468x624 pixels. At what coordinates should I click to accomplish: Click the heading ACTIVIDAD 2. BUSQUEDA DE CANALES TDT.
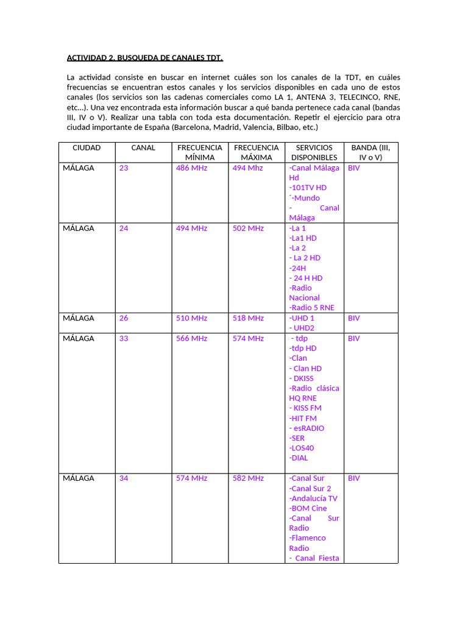pyautogui.click(x=144, y=58)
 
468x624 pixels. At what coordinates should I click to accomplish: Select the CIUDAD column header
pyautogui.click(x=87, y=147)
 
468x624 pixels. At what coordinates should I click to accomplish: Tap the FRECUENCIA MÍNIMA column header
pyautogui.click(x=200, y=152)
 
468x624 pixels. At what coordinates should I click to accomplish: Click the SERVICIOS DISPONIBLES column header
pyautogui.click(x=314, y=152)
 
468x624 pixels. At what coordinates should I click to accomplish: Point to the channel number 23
pyautogui.click(x=124, y=168)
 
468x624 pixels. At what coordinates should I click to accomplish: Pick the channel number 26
pyautogui.click(x=124, y=318)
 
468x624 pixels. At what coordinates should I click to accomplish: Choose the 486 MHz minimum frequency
pyautogui.click(x=191, y=168)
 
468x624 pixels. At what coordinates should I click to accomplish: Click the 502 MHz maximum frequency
pyautogui.click(x=248, y=228)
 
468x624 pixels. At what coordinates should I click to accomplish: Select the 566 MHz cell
pyautogui.click(x=191, y=338)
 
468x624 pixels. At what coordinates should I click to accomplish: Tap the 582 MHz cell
pyautogui.click(x=248, y=478)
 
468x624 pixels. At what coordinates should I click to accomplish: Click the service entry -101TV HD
pyautogui.click(x=308, y=188)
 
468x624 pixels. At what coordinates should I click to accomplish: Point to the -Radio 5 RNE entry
pyautogui.click(x=311, y=308)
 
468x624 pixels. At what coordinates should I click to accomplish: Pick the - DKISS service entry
pyautogui.click(x=302, y=378)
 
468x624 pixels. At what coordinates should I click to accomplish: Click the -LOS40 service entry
pyautogui.click(x=302, y=448)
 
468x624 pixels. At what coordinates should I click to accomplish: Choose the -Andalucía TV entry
pyautogui.click(x=313, y=498)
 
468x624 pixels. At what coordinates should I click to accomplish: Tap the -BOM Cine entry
pyautogui.click(x=308, y=508)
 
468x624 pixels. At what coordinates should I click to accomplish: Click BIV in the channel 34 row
pyautogui.click(x=354, y=478)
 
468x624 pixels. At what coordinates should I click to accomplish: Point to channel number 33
pyautogui.click(x=124, y=338)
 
